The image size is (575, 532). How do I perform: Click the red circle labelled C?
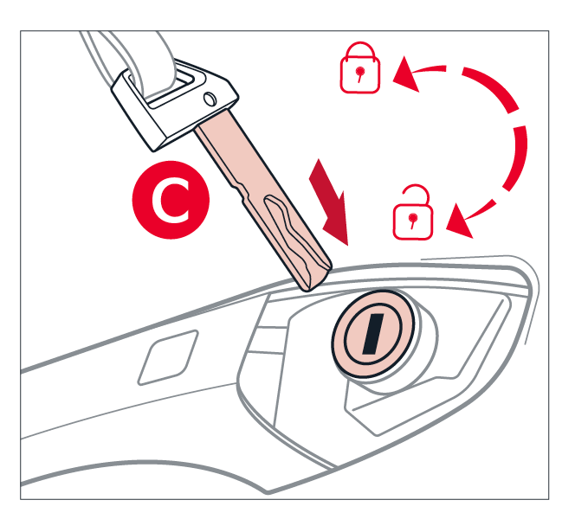pyautogui.click(x=171, y=200)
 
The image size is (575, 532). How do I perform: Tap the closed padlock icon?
pyautogui.click(x=359, y=67)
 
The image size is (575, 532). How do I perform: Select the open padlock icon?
pyautogui.click(x=413, y=213)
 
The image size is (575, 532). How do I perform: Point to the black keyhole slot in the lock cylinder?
pyautogui.click(x=373, y=334)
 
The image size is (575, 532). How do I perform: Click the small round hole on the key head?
pyautogui.click(x=210, y=99)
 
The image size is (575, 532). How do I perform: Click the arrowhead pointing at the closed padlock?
pyautogui.click(x=405, y=74)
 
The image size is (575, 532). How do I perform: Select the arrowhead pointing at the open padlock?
pyautogui.click(x=459, y=222)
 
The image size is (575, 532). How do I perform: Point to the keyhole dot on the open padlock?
pyautogui.click(x=413, y=218)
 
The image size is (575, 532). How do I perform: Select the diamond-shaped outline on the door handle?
pyautogui.click(x=168, y=357)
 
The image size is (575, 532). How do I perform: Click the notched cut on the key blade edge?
pyautogui.click(x=237, y=190)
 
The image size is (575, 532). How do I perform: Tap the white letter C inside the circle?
pyautogui.click(x=171, y=200)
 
